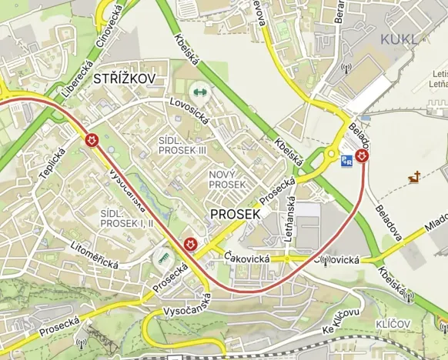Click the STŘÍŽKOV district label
coord(125,78)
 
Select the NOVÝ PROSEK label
coord(227,180)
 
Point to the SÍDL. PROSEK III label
coord(182,145)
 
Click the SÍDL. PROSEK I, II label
coord(127,217)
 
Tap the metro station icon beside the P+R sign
coord(363,156)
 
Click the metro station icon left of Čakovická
coord(189,244)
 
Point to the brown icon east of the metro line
coord(416,178)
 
